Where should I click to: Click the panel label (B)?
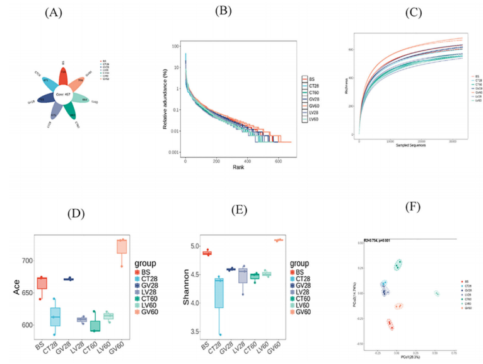[x=226, y=11]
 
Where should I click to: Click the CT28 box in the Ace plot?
[x=55, y=317]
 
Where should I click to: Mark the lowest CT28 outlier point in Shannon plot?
[x=219, y=334]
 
